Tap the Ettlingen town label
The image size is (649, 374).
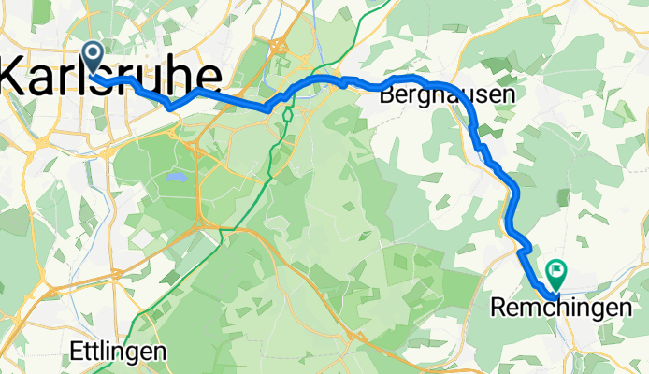[119, 352]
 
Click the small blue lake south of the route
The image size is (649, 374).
[173, 175]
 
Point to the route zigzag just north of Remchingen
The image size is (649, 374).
[524, 248]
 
